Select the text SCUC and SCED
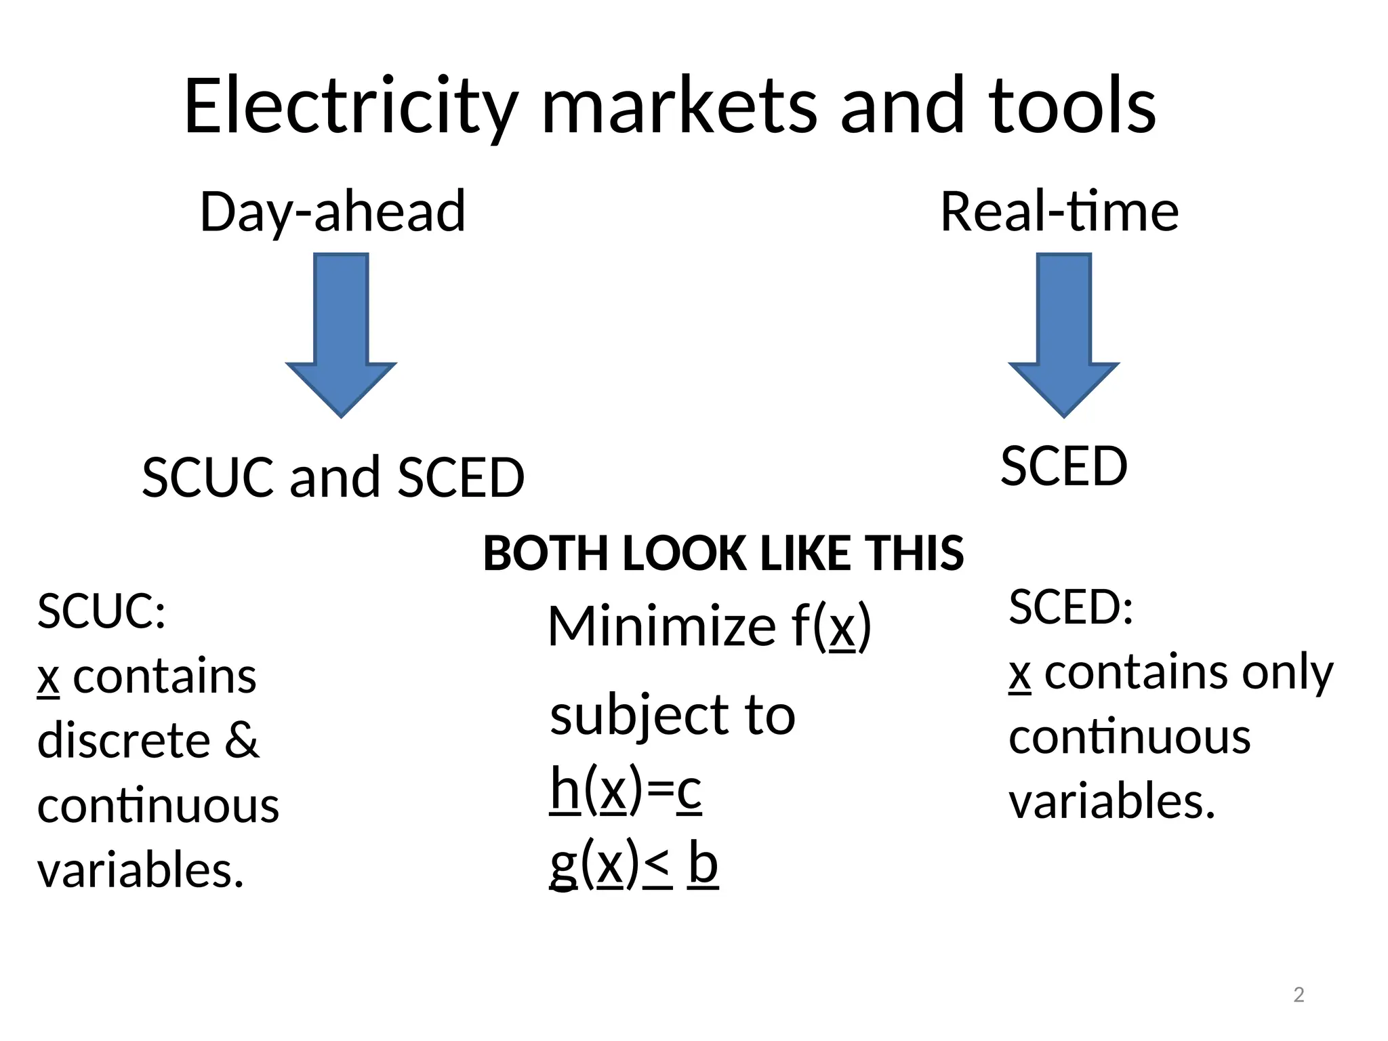pos(333,477)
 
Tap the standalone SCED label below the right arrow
pos(1063,466)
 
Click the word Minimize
pos(661,626)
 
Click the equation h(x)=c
pos(626,790)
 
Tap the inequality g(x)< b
pos(633,864)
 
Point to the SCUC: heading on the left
pos(101,611)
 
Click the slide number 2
pos(1299,995)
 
